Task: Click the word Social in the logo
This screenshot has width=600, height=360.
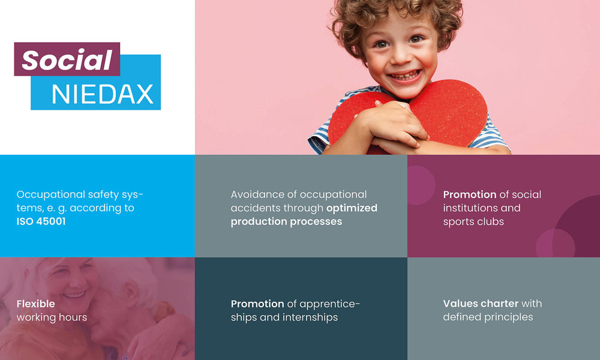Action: [67, 60]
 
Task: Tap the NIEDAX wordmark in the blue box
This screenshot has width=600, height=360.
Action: [103, 94]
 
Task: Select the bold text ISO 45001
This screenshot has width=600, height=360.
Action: [41, 221]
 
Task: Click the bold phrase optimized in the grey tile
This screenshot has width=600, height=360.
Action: [352, 208]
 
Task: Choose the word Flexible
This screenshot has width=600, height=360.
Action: [35, 304]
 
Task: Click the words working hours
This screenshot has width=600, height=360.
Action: [52, 317]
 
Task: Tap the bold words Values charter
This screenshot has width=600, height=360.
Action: [480, 304]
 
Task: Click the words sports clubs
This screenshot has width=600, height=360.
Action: [473, 221]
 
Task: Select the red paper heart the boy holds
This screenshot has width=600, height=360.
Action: [456, 111]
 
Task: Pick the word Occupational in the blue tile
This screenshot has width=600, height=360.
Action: [50, 194]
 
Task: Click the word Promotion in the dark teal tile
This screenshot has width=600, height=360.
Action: [257, 304]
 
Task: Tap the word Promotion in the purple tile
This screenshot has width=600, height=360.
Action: [470, 194]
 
